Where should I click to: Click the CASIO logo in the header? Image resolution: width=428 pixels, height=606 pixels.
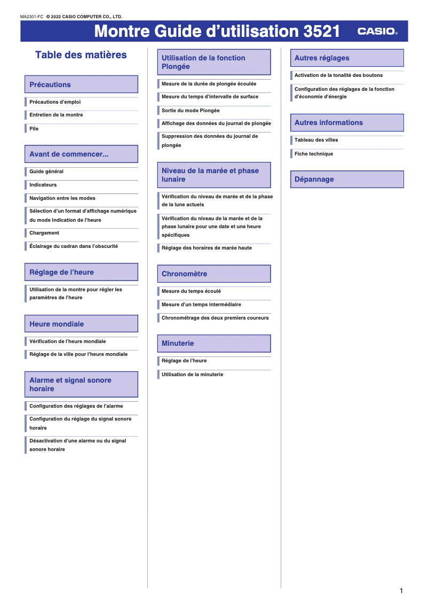coord(377,32)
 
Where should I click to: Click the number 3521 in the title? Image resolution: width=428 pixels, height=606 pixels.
coord(321,32)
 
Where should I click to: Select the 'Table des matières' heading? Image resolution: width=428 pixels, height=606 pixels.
coord(81,55)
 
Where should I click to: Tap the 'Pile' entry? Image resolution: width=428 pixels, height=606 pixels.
coord(34,129)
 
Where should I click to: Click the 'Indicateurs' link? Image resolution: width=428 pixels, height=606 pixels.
coord(43,185)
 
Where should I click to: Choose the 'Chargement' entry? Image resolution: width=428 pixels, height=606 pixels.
coord(44,233)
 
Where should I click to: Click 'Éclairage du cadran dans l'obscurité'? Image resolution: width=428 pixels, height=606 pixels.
coord(74,246)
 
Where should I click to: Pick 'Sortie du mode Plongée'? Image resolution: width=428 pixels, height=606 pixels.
coord(191,111)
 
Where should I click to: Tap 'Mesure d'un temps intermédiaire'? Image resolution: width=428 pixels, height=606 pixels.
coord(201,305)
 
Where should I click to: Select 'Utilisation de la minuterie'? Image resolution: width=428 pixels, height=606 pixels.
coord(193,375)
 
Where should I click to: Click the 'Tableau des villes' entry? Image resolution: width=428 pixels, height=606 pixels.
coord(316,140)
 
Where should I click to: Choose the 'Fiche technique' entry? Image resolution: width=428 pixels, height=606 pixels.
coord(314,154)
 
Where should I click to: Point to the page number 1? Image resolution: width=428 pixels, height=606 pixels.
coord(401,591)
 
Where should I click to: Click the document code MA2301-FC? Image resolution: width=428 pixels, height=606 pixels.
coord(31,17)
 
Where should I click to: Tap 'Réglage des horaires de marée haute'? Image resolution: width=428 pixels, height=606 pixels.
coord(207,248)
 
